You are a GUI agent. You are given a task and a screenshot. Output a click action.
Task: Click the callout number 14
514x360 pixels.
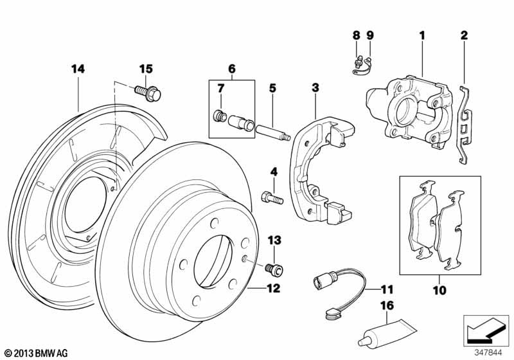point(78,67)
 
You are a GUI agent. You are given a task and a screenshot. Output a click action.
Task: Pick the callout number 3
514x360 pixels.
point(315,87)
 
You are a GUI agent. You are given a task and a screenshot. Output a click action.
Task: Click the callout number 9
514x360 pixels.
point(370,35)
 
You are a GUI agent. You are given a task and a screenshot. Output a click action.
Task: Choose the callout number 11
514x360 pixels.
point(385,289)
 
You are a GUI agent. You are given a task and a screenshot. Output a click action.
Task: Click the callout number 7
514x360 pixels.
point(220,87)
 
